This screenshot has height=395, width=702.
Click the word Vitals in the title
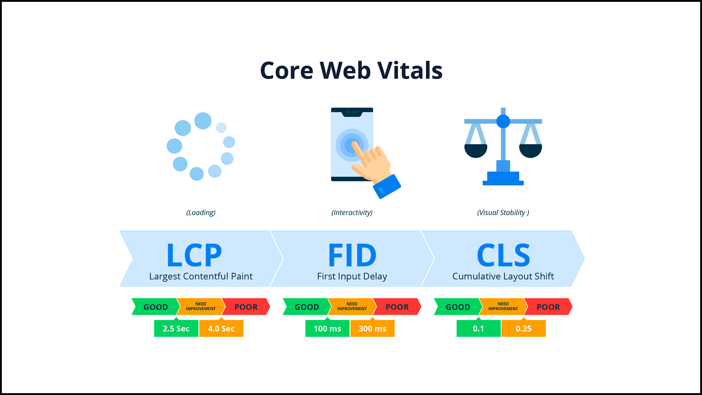pyautogui.click(x=410, y=70)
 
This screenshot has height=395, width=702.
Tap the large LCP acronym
pyautogui.click(x=194, y=255)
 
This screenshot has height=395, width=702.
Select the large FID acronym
pyautogui.click(x=352, y=255)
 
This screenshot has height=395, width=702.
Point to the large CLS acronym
pyautogui.click(x=503, y=255)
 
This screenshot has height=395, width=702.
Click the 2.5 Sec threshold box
pyautogui.click(x=176, y=328)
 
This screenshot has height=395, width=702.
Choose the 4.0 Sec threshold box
pyautogui.click(x=221, y=328)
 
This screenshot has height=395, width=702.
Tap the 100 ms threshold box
pyautogui.click(x=327, y=328)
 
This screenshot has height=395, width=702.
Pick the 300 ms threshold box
pyautogui.click(x=372, y=328)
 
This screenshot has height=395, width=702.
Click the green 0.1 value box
pyautogui.click(x=478, y=328)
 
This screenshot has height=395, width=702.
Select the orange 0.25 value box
pyautogui.click(x=524, y=328)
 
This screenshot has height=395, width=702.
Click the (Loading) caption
pyautogui.click(x=201, y=212)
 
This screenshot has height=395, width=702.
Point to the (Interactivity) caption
pyautogui.click(x=352, y=212)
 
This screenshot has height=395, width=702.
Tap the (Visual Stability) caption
pyautogui.click(x=503, y=212)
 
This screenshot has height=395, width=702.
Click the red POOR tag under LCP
pyautogui.click(x=246, y=307)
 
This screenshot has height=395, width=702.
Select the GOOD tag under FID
pyautogui.click(x=306, y=307)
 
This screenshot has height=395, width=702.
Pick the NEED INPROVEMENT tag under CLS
pyautogui.click(x=503, y=306)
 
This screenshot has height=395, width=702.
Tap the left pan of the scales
pyautogui.click(x=476, y=150)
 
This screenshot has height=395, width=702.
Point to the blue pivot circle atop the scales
pyautogui.click(x=503, y=121)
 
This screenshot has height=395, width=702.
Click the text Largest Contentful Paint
pyautogui.click(x=201, y=276)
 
